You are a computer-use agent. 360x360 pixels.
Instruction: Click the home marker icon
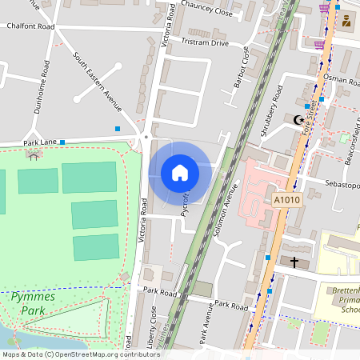179,172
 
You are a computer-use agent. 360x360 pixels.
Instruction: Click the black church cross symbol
294,262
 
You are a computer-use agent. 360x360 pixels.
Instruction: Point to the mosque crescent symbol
300,120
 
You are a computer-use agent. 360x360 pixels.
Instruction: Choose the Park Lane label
40,142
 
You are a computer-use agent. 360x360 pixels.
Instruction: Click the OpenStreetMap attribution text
80,354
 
